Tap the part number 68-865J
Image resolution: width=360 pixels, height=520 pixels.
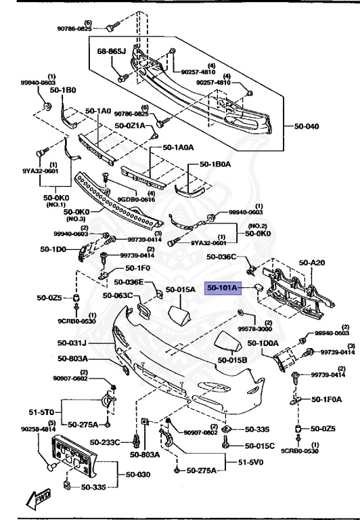pos(112,51)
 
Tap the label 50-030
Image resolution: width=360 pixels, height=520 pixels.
pos(135,474)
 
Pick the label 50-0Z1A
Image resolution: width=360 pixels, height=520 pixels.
pos(130,125)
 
